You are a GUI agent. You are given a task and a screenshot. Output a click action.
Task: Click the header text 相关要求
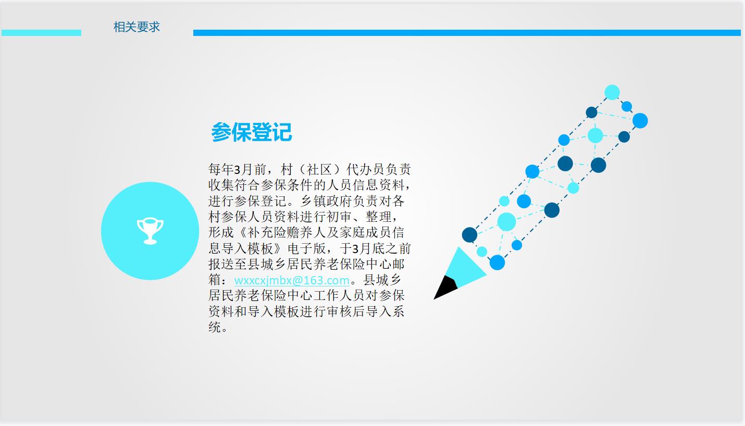pos(136,27)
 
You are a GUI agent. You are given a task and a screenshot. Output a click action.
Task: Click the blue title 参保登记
pos(252,132)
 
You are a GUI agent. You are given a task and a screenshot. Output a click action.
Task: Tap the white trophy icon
pos(150,231)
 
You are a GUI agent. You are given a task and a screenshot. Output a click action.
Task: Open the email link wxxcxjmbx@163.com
pos(292,280)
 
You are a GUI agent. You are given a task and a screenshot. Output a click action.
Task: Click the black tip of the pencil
pos(445,289)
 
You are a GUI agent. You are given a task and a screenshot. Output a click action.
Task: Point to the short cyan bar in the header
pos(41,33)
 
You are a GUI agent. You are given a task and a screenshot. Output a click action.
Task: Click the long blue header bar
pos(467,33)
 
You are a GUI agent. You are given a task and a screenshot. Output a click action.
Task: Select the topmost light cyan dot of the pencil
pos(612,93)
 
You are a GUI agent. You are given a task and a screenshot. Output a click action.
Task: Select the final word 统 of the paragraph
pos(215,327)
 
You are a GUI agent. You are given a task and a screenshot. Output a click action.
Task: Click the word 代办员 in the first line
pos(366,170)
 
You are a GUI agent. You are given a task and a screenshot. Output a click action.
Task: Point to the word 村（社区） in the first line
pos(313,170)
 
